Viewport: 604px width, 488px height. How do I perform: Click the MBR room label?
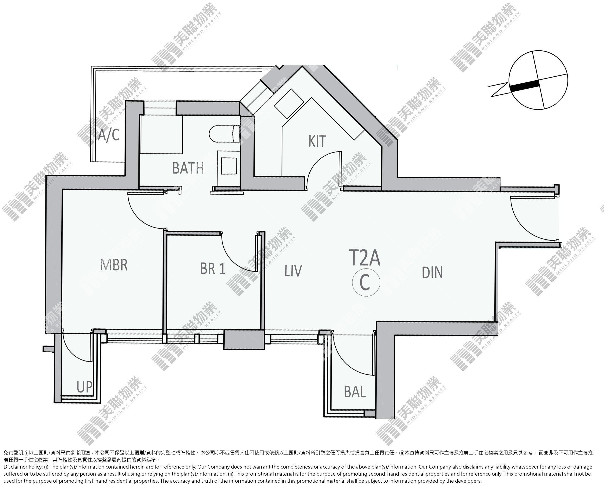pyautogui.click(x=114, y=265)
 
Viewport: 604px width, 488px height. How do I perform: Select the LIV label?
pyautogui.click(x=293, y=271)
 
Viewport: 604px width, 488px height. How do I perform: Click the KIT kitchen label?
pyautogui.click(x=317, y=141)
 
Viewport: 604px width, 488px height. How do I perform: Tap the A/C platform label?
pyautogui.click(x=109, y=134)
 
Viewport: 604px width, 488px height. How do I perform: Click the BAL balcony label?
pyautogui.click(x=355, y=391)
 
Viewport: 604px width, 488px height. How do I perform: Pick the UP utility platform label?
pyautogui.click(x=85, y=387)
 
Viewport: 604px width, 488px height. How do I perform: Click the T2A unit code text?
pyautogui.click(x=365, y=257)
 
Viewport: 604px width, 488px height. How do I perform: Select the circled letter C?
pyautogui.click(x=366, y=282)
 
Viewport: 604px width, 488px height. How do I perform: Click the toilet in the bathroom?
pyautogui.click(x=224, y=134)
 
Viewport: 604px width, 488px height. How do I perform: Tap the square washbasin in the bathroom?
pyautogui.click(x=229, y=166)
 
